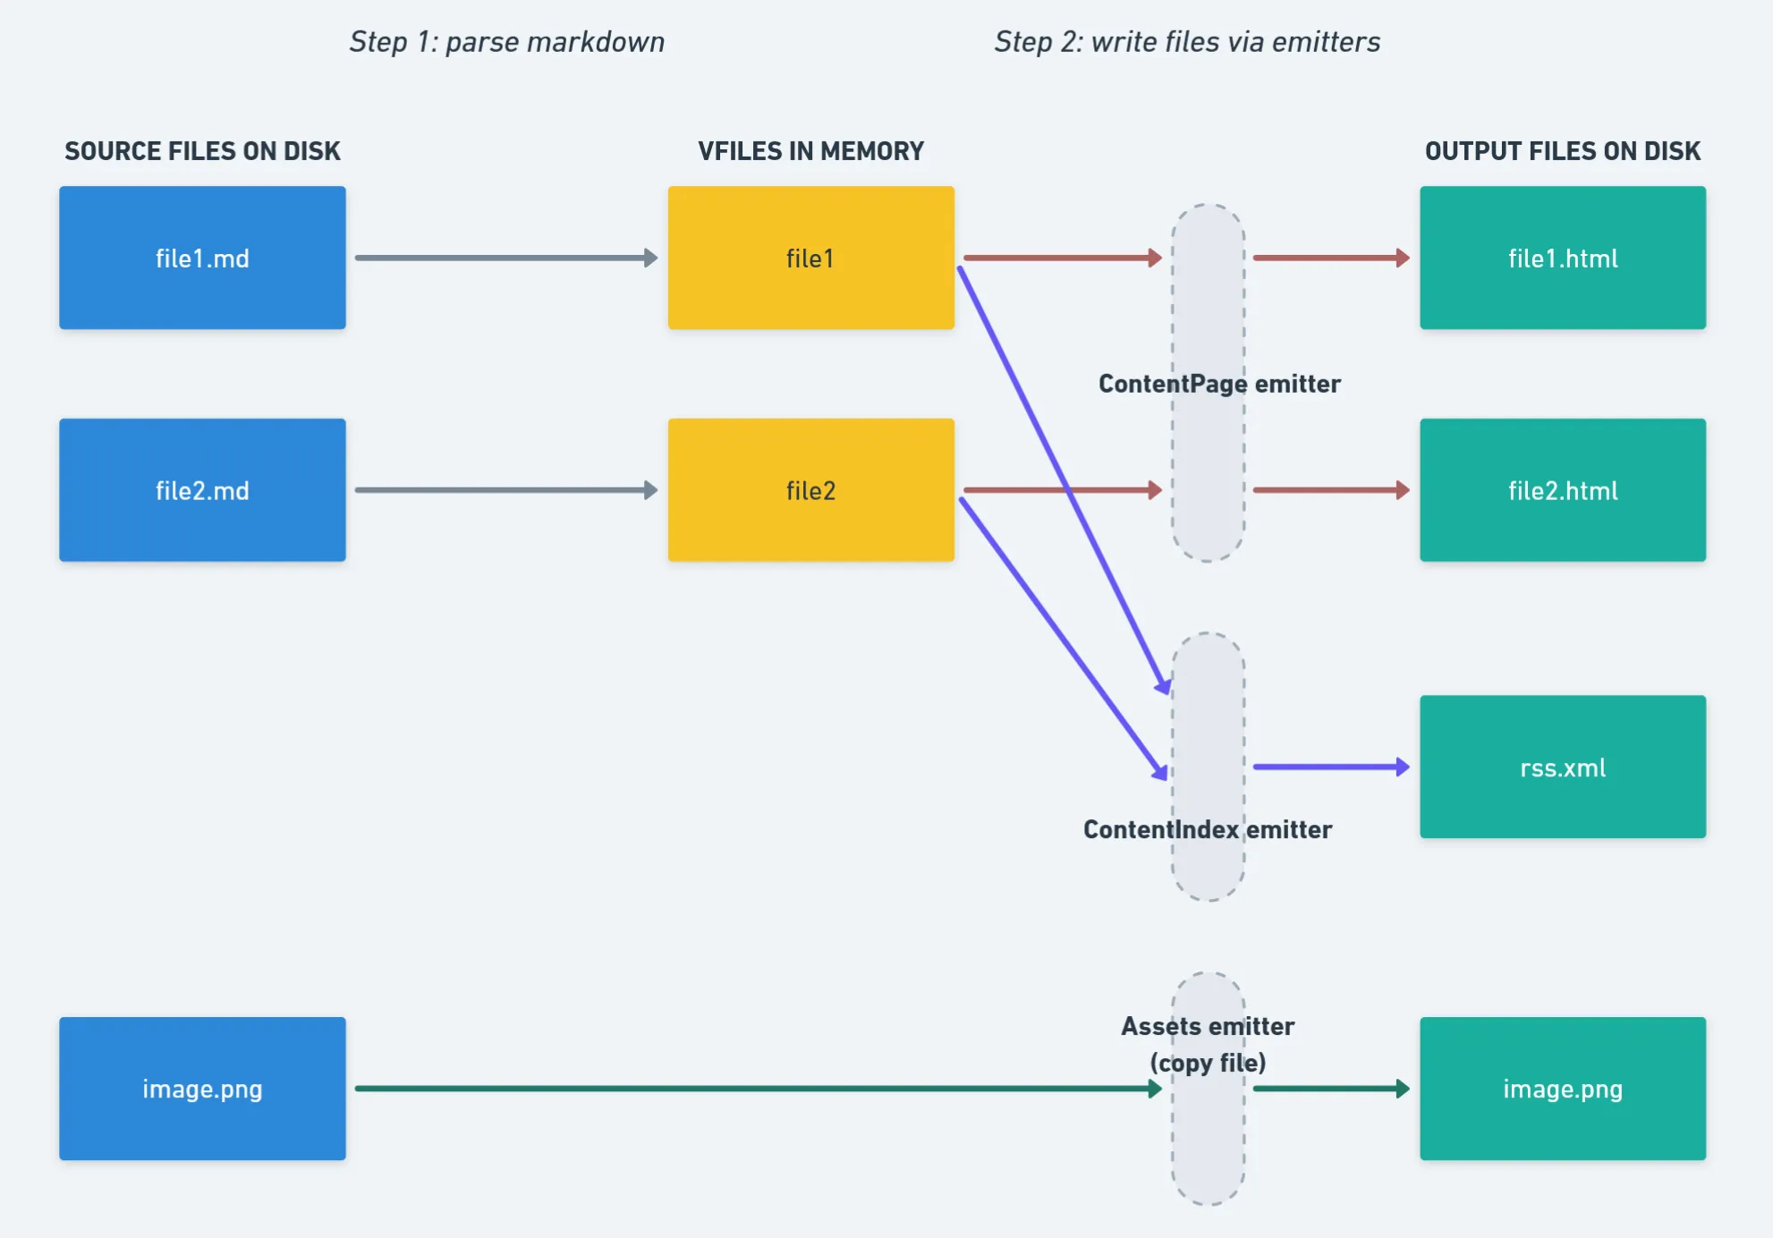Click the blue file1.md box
(202, 258)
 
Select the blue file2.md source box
(202, 490)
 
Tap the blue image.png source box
(202, 1089)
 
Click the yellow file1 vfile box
(810, 258)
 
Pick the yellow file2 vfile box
(810, 490)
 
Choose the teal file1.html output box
(1562, 258)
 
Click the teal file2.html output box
(1562, 490)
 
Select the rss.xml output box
(1562, 767)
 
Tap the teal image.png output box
(1562, 1089)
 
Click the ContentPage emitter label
(1218, 384)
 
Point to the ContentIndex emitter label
(1207, 829)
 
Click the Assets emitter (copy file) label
(1207, 1044)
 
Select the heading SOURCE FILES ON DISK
(202, 151)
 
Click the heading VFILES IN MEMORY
(810, 151)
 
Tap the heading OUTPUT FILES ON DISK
(1562, 151)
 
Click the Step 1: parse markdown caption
(506, 42)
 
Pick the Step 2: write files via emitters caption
(1187, 42)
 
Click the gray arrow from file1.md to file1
(505, 258)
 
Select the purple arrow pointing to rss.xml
(1330, 767)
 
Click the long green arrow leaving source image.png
(751, 1089)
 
